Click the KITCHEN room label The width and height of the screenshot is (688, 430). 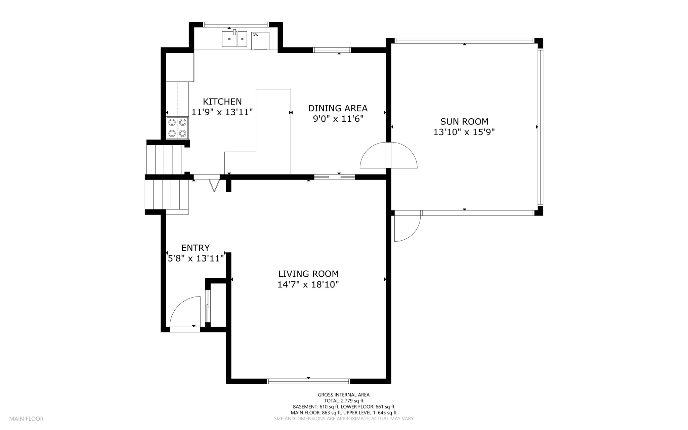point(222,102)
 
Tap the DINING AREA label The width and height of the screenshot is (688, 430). point(338,108)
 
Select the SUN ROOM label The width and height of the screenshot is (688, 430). point(464,121)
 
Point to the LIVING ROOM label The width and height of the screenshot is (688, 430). point(308,274)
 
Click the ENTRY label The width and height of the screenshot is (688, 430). point(196,248)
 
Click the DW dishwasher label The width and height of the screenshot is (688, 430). point(255,35)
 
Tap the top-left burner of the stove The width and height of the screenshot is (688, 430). point(172,122)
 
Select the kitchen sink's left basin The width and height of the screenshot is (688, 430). point(229,39)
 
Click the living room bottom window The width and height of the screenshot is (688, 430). point(308,381)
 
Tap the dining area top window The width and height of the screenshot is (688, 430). point(332,50)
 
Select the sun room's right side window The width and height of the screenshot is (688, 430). point(540,127)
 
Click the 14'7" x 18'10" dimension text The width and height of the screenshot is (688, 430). point(308,285)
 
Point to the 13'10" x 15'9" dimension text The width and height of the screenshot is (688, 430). point(464,132)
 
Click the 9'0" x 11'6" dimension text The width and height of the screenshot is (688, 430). point(338,119)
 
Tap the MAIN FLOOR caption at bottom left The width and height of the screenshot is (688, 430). point(26,419)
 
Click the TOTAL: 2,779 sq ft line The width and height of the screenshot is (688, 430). point(344,401)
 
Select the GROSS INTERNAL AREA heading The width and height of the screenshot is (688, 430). point(344,395)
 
